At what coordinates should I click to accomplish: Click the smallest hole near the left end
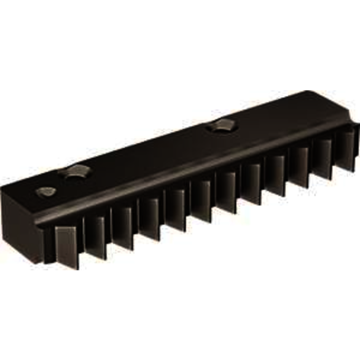[x=46, y=192]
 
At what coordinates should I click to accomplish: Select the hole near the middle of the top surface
[x=219, y=126]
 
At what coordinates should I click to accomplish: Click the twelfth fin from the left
[x=344, y=151]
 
